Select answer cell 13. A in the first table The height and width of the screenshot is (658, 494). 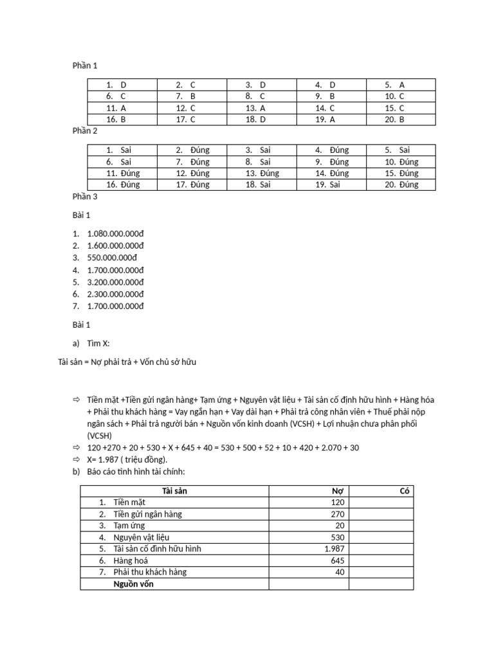(255, 108)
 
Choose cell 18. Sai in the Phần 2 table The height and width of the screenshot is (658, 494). (259, 185)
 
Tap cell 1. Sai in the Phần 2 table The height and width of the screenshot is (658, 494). (119, 150)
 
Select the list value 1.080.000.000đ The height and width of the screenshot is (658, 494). (116, 233)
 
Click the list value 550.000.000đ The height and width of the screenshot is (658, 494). (113, 258)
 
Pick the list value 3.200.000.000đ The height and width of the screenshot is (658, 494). (116, 282)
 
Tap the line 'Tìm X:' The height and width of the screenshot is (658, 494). (103, 343)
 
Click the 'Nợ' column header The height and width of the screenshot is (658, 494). (340, 492)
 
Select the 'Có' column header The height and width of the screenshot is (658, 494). (405, 492)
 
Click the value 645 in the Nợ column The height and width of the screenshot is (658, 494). (337, 561)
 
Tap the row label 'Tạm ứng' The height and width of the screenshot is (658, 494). (129, 526)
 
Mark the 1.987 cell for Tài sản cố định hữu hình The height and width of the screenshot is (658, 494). (334, 549)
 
